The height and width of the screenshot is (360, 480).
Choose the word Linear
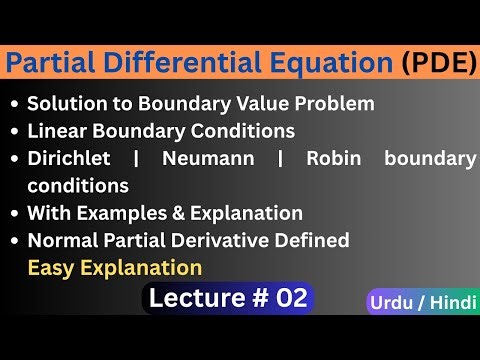click(x=56, y=130)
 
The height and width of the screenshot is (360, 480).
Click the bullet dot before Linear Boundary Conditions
click(x=13, y=131)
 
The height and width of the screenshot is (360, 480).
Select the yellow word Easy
click(x=50, y=267)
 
